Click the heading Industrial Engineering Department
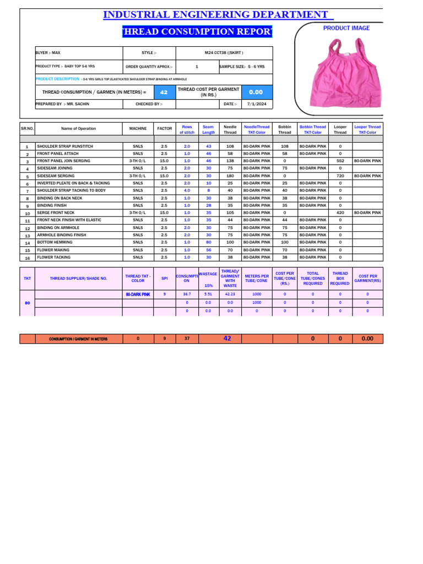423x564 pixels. [218, 14]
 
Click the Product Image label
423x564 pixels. [346, 28]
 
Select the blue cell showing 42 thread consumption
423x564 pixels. [164, 92]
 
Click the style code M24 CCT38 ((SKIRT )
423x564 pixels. [224, 53]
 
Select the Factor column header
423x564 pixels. [165, 128]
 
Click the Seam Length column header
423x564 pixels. [208, 129]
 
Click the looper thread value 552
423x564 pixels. [340, 161]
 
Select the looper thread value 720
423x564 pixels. [340, 176]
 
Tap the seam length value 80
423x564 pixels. [208, 242]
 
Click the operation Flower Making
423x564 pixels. [53, 250]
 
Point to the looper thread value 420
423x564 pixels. [340, 213]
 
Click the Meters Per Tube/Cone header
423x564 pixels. [257, 278]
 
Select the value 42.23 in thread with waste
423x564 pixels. [230, 295]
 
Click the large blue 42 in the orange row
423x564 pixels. [227, 338]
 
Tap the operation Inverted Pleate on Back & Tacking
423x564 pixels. [73, 183]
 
